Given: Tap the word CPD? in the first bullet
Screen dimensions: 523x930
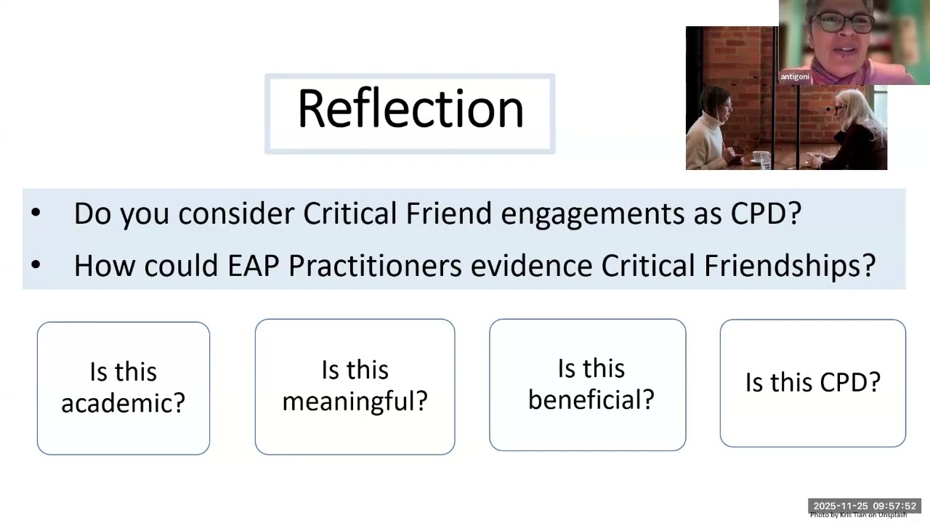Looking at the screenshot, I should click(766, 214).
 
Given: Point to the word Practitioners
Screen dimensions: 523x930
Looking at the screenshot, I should click(375, 266).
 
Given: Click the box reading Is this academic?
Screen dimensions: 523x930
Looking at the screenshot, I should click(124, 388).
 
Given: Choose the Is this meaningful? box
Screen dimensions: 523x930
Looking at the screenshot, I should click(355, 386).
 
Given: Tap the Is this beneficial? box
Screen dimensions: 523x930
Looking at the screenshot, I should click(587, 385).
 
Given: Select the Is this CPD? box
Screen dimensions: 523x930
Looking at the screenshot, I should click(812, 383).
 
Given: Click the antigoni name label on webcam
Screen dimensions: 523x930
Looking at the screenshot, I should click(795, 76).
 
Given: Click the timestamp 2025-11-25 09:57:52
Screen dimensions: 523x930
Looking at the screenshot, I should click(865, 506).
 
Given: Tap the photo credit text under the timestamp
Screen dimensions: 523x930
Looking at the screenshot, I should click(858, 515).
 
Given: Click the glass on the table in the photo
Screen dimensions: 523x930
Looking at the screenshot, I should click(761, 158).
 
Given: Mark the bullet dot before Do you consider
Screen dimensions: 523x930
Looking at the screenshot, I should click(36, 214).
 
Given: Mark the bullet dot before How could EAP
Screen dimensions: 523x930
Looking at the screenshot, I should click(36, 266).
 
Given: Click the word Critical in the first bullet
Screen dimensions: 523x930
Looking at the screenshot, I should click(349, 214).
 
